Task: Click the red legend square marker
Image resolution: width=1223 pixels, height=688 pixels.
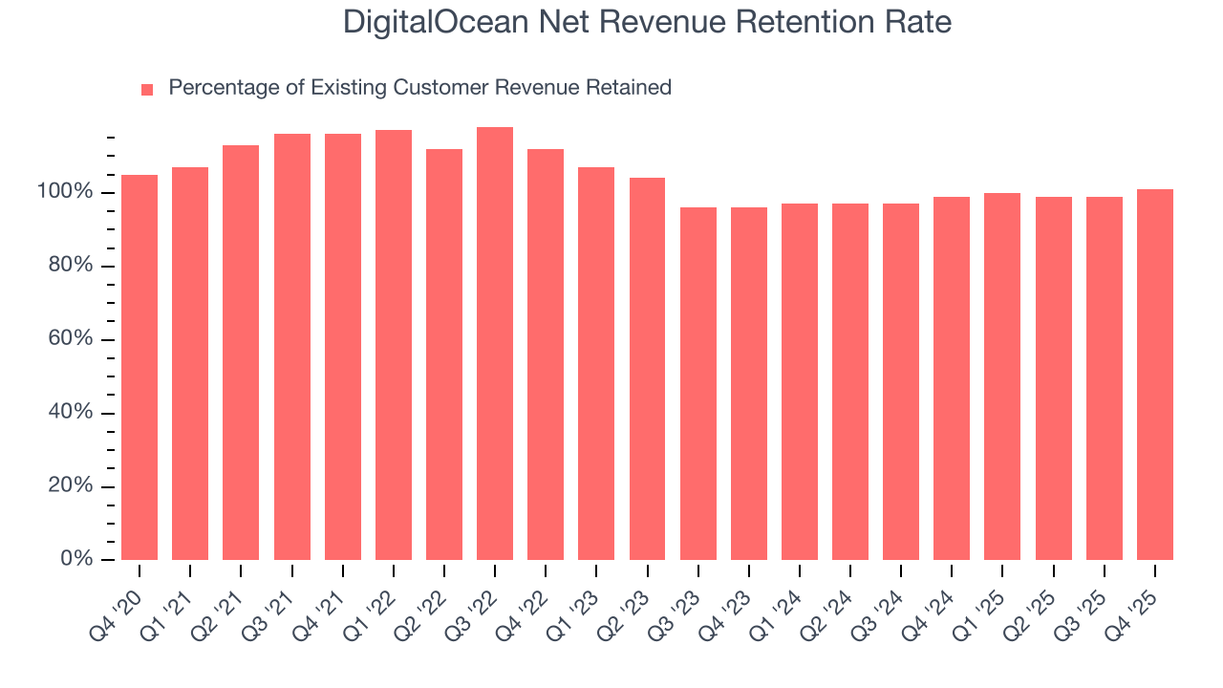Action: (x=147, y=90)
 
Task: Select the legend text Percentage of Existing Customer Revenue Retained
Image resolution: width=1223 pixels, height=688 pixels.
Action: (x=419, y=88)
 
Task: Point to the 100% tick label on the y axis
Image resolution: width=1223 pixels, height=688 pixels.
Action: (x=66, y=193)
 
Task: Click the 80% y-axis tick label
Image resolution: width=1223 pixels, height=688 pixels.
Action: (x=71, y=266)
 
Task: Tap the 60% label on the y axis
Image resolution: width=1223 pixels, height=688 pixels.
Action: (x=71, y=339)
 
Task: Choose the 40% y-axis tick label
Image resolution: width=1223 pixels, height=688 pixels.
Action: (x=71, y=413)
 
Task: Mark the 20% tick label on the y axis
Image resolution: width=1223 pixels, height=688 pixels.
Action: (x=71, y=486)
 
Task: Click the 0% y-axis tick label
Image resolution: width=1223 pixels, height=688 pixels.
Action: (x=75, y=559)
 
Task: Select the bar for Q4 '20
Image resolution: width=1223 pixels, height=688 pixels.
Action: (x=139, y=368)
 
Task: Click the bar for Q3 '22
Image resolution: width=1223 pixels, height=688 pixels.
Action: (x=495, y=344)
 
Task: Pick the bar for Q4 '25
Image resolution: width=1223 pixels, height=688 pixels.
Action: (x=1155, y=375)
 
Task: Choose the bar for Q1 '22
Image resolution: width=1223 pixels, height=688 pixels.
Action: (x=394, y=345)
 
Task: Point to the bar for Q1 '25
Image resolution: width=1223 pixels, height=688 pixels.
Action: (x=1002, y=376)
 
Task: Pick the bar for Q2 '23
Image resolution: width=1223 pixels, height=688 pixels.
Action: (x=647, y=369)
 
